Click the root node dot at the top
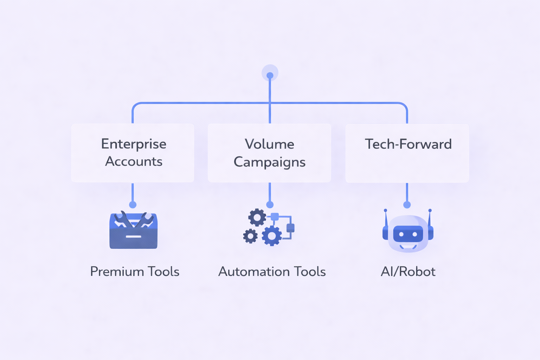coord(270,75)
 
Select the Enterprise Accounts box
coord(133,153)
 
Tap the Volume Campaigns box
coord(269,153)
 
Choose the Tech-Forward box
coord(407,153)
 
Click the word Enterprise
coord(134,144)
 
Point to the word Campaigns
coord(269,162)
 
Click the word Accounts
coord(134,161)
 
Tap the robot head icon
coord(408,232)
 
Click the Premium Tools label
coord(135,271)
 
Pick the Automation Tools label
coord(272,271)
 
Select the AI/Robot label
coord(408,271)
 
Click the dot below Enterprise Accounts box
coord(133,205)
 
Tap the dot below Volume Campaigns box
coord(270,205)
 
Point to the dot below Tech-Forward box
coord(407,205)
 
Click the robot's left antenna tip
coord(386,211)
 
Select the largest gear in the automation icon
coord(272,236)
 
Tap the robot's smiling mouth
coord(408,246)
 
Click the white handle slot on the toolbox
coord(133,237)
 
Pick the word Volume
coord(269,144)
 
